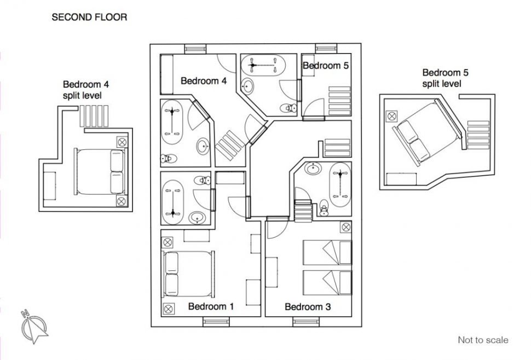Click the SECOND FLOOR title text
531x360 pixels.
[89, 18]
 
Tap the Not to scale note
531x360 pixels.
[483, 340]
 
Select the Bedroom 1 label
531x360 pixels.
[211, 306]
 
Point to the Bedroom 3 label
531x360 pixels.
[308, 307]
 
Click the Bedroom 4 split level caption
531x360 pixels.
[86, 90]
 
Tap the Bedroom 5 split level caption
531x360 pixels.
[446, 78]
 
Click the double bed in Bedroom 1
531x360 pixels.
[188, 274]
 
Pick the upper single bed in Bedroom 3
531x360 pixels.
[327, 252]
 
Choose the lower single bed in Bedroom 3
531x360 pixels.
[327, 282]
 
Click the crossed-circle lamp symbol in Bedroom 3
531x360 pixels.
[346, 227]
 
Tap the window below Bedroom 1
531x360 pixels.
[216, 322]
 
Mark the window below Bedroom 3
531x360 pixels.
[306, 322]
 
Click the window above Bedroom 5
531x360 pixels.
[326, 48]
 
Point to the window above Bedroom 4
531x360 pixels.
[195, 49]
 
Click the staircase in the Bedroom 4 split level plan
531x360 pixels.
[94, 116]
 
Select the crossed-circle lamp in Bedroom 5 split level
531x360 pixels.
[392, 116]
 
